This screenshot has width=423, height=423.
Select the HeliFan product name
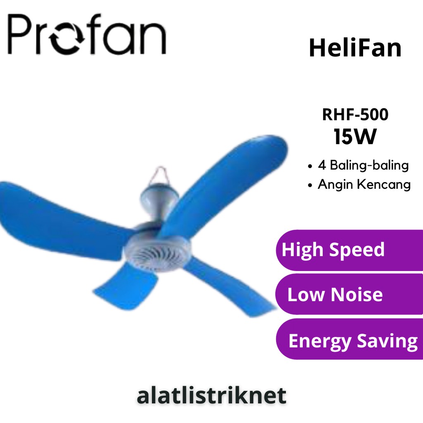[x=355, y=48]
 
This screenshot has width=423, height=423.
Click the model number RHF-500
[x=355, y=115]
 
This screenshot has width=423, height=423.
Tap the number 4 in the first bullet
[x=322, y=166]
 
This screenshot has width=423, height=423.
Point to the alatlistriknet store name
[x=211, y=395]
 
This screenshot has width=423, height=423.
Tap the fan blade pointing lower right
[x=231, y=287]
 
